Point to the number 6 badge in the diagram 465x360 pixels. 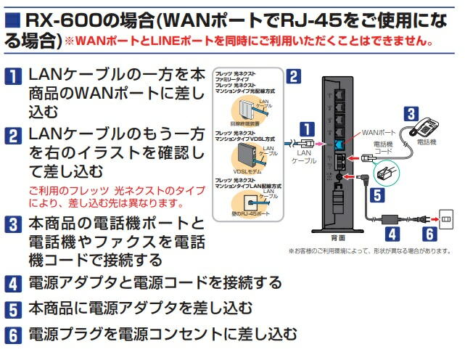pyautogui.click(x=429, y=234)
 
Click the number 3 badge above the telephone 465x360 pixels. pyautogui.click(x=411, y=113)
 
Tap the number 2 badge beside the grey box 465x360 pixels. pyautogui.click(x=293, y=75)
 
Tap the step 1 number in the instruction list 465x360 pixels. pyautogui.click(x=14, y=75)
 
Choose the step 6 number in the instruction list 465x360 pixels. pyautogui.click(x=14, y=335)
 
